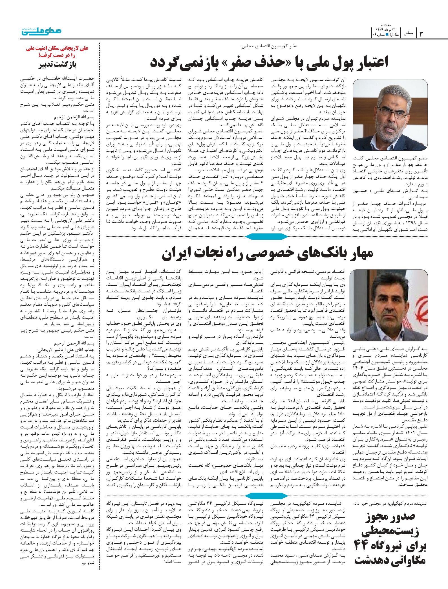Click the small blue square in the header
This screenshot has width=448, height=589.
tap(387, 35)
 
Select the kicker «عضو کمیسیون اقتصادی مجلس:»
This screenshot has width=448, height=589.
tap(268, 46)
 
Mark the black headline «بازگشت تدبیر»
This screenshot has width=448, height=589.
tap(58, 65)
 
